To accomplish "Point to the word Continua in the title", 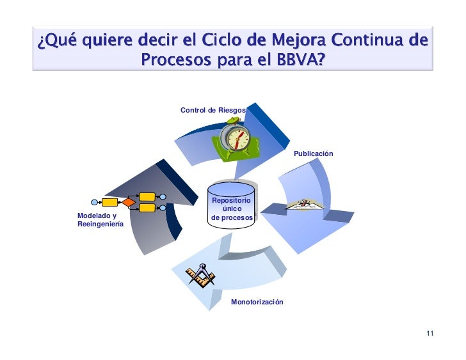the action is tap(368, 42).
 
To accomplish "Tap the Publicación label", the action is tap(314, 155).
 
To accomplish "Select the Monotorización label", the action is tap(257, 301).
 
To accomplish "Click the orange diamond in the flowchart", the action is tap(129, 203).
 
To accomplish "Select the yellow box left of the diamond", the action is tap(110, 203).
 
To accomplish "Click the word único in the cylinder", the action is tap(232, 209).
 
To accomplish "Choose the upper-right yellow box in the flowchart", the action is tap(147, 196).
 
